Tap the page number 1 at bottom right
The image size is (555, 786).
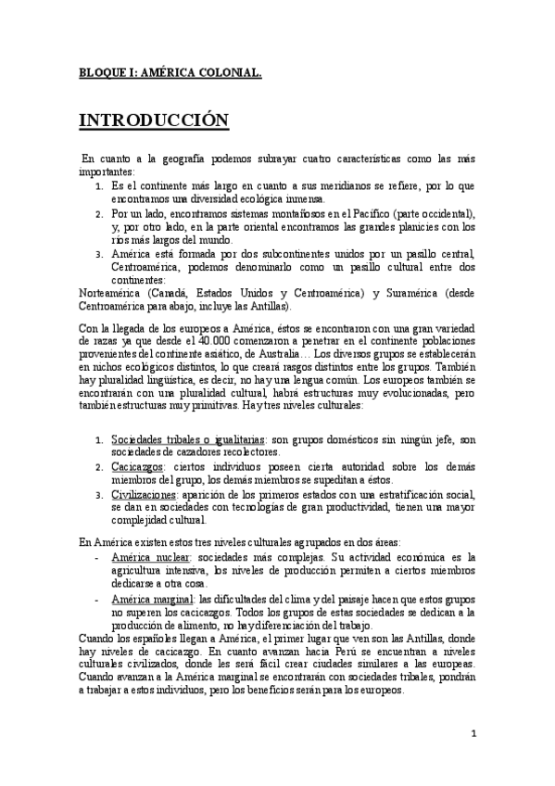tap(473, 735)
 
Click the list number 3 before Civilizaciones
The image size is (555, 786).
tap(99, 495)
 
